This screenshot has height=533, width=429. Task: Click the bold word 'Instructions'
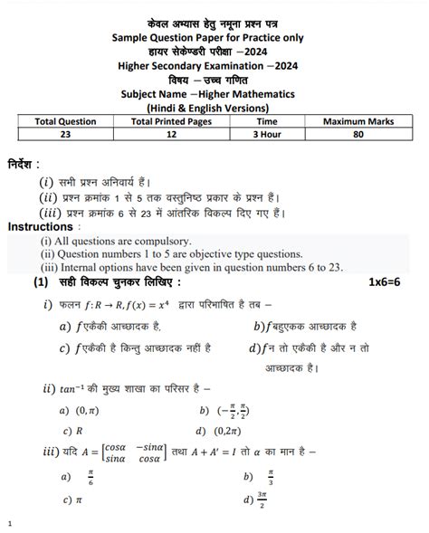click(x=41, y=227)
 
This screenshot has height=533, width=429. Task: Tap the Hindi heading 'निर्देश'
click(x=32, y=167)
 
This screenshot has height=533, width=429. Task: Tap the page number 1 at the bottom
click(x=9, y=523)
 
